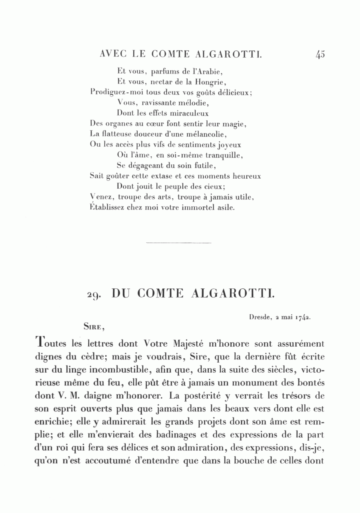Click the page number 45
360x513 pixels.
click(320, 54)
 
